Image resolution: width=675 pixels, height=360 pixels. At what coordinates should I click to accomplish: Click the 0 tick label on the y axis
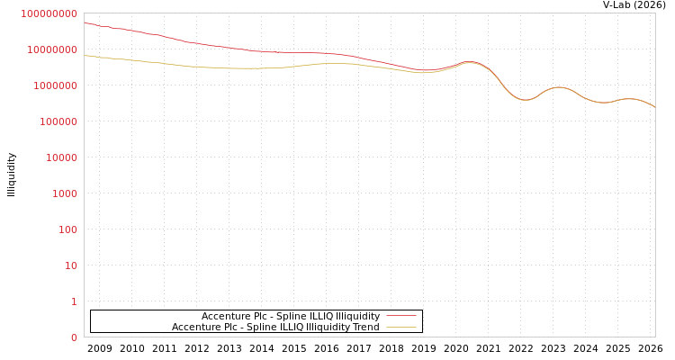point(74,337)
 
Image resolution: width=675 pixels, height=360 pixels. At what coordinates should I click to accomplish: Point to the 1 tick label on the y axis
point(74,301)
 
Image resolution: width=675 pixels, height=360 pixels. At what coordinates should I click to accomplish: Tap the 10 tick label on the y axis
point(70,265)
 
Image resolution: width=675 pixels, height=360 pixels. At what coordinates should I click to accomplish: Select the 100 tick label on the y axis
point(67,229)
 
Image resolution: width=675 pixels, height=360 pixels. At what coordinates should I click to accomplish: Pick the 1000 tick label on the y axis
point(65,193)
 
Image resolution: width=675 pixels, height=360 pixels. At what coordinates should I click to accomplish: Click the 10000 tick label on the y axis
point(61,157)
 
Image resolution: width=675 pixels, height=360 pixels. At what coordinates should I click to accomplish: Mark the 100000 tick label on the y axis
point(58,121)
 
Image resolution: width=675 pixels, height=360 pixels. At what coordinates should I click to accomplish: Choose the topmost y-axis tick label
point(49,13)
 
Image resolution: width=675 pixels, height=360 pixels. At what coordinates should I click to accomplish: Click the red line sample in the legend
point(400,316)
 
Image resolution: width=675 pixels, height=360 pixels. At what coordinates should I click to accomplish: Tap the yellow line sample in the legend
point(400,327)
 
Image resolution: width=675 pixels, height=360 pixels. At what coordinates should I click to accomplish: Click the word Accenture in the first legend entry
point(225,316)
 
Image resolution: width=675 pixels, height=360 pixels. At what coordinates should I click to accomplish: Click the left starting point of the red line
point(85,22)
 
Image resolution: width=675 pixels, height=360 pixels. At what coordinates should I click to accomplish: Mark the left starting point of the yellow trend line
point(85,56)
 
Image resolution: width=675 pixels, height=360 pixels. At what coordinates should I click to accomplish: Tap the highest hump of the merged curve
point(469,62)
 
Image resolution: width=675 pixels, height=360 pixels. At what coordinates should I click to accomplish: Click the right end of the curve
point(654,107)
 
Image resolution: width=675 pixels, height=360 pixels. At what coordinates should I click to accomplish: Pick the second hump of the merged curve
point(560,87)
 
